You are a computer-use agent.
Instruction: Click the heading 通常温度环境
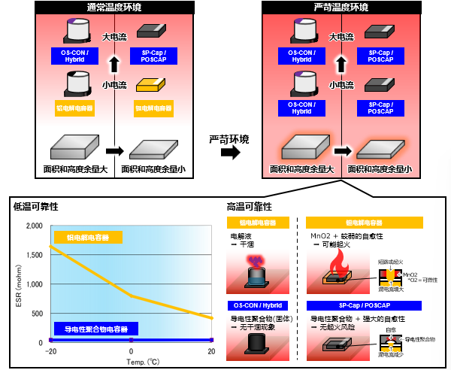[111, 8]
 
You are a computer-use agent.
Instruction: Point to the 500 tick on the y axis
[35, 314]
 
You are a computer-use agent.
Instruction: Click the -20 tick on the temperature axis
[50, 351]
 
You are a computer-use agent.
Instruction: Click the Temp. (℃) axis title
[131, 361]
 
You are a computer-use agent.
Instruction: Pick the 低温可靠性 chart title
[35, 205]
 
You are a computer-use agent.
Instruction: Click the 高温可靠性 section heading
[249, 205]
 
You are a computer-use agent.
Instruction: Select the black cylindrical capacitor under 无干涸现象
[256, 341]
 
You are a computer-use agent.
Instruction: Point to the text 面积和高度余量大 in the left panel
[75, 169]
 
